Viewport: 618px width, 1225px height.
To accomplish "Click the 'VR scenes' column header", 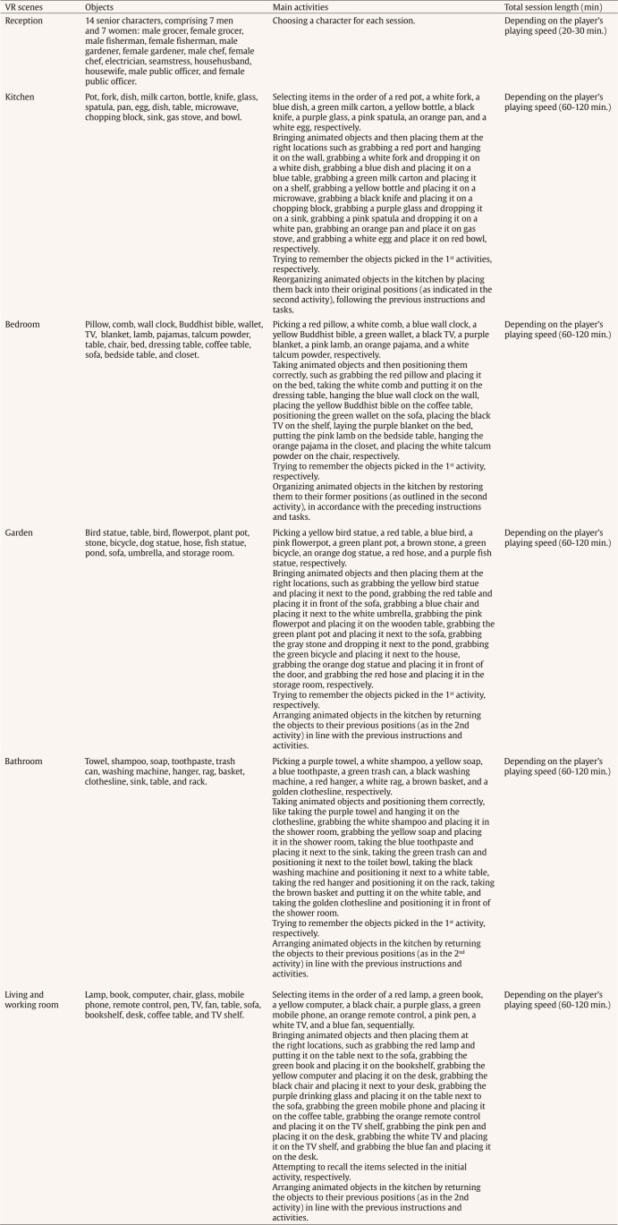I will pyautogui.click(x=22, y=6).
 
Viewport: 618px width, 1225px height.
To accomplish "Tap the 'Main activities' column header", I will pyautogui.click(x=301, y=6).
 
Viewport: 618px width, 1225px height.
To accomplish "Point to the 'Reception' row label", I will pyautogui.click(x=24, y=20).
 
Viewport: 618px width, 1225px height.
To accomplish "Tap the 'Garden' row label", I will pyautogui.click(x=20, y=532).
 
